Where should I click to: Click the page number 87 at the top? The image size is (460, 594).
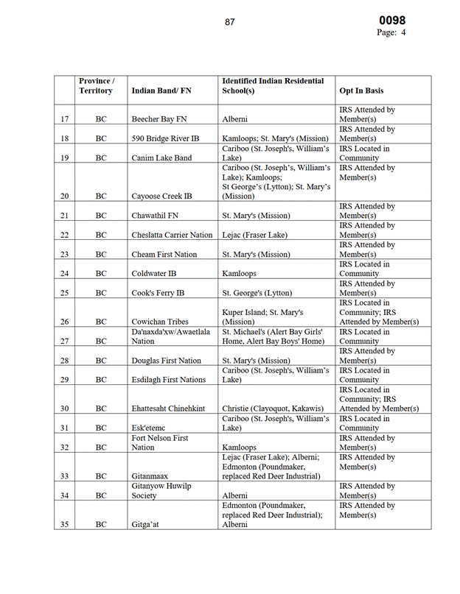[x=230, y=22]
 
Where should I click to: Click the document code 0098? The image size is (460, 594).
[x=392, y=21]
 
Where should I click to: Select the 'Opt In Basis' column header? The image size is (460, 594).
[x=361, y=91]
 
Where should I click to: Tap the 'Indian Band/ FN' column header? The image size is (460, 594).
[x=161, y=91]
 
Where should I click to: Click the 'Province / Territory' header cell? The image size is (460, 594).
[x=97, y=85]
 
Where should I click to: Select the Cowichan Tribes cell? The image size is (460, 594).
[x=159, y=322]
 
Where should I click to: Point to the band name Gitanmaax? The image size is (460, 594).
[x=153, y=476]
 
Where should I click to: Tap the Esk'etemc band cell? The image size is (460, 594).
[x=150, y=428]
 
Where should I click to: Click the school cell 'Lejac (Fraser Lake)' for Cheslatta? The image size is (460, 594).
[x=254, y=235]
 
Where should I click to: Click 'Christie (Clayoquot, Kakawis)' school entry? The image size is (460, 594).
[x=277, y=409]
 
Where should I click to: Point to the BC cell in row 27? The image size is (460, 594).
[x=101, y=341]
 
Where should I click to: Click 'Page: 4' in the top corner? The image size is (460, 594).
[x=391, y=33]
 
